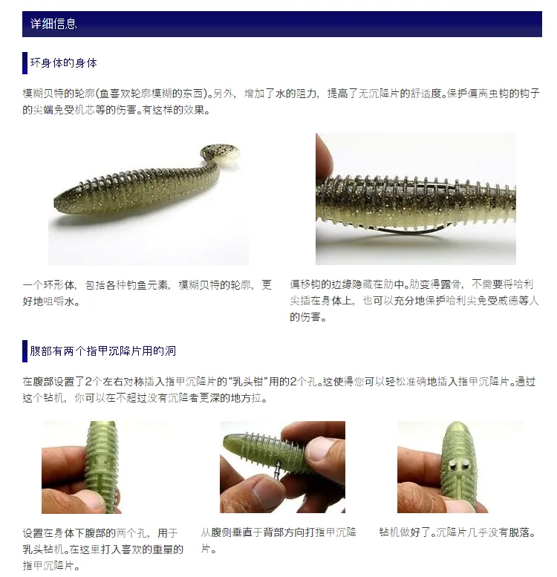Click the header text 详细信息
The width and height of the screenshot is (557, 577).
coord(53,24)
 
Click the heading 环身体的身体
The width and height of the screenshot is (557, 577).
coord(64,63)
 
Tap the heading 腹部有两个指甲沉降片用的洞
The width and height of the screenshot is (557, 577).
coord(103,351)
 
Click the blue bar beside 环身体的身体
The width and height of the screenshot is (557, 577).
coord(25,63)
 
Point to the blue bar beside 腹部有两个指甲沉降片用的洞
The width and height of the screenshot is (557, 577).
coord(25,351)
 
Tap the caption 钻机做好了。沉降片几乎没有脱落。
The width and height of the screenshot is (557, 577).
coord(458,532)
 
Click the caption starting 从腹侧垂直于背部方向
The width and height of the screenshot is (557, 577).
coord(278,541)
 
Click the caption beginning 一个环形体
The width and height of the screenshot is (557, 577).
coord(147,293)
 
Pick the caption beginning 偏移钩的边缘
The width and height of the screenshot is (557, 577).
coord(414,301)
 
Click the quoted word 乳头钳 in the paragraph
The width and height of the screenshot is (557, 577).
coord(247,382)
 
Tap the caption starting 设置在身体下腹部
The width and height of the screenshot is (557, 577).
coord(103,549)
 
